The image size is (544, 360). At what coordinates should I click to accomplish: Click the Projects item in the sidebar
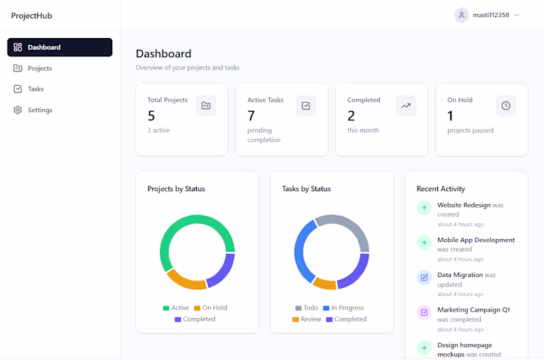pos(39,68)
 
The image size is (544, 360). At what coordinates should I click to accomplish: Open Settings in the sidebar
pos(39,110)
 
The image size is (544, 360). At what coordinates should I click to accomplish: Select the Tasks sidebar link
pos(35,88)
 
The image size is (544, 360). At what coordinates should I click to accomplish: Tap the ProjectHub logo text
pos(31,16)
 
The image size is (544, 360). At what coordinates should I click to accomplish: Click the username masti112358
pos(491,15)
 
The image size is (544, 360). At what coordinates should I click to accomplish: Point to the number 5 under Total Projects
pos(152,116)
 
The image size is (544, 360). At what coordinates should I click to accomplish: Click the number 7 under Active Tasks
pos(252,116)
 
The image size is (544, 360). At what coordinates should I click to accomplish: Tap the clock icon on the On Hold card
pos(505,105)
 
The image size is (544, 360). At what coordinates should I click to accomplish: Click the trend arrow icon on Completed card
pos(406,105)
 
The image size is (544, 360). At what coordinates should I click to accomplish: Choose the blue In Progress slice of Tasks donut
pos(300,252)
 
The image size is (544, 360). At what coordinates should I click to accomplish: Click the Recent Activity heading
pos(441,189)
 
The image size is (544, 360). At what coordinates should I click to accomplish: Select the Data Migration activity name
pos(460,275)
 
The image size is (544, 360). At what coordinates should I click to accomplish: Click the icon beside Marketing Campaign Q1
pos(424,312)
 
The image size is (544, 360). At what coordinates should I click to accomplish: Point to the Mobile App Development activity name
pos(476,240)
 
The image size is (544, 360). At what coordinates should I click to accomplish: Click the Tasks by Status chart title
pos(307,189)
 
